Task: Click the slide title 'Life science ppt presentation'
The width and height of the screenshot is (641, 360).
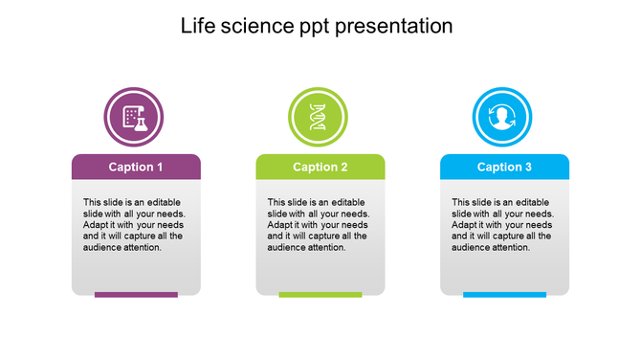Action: coord(317,26)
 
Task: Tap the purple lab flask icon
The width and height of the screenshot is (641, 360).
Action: coord(133,117)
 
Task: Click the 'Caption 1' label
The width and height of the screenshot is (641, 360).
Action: coord(136,168)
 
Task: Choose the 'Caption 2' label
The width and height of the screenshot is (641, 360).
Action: coord(320,168)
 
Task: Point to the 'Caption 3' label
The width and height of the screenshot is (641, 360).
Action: coord(504,168)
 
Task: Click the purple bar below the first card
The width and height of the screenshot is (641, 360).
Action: coord(136,295)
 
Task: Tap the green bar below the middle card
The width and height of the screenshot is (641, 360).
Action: coord(320,295)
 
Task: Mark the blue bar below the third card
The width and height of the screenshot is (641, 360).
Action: coord(504,295)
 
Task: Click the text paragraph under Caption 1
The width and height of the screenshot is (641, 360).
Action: coord(136,225)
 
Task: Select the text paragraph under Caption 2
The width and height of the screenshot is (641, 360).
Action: coord(320,225)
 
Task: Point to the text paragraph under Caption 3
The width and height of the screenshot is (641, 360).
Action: coord(504,225)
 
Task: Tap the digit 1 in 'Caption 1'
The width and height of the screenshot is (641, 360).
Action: coord(159,168)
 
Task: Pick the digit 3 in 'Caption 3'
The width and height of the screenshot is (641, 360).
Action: coord(528,168)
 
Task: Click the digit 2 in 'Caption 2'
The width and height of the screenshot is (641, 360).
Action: coord(343,168)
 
